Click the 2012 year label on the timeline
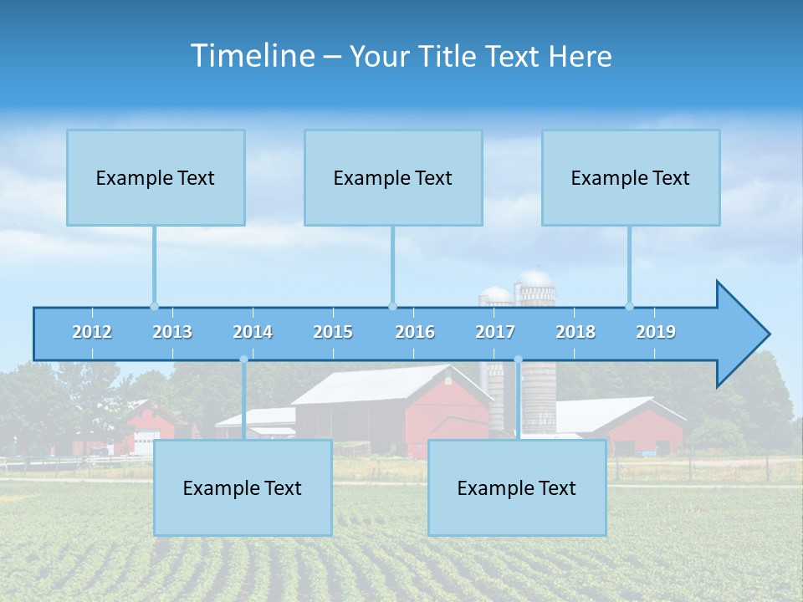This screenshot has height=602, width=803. pos(92,332)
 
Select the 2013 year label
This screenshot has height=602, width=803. pos(172,332)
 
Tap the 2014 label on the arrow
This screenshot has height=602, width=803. pos(253,332)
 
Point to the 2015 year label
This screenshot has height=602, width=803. pos(333,332)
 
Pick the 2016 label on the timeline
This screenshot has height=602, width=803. pos(415,332)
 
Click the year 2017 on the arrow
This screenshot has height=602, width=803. pos(495,332)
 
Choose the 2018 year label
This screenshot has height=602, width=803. pos(575,332)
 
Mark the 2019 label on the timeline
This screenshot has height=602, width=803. pos(656,332)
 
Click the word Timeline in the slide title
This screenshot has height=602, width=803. pos(251,56)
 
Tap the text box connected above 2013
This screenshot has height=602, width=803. pos(156,177)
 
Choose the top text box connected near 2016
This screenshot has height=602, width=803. pos(393,177)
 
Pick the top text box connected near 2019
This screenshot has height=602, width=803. pos(631,177)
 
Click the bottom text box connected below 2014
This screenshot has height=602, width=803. pos(243,488)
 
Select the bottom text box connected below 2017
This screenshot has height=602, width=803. pos(517,488)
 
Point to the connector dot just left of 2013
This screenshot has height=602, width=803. pos(154,306)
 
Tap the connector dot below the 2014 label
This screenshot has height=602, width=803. pos(243,360)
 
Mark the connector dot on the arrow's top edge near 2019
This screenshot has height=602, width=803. pos(630,306)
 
